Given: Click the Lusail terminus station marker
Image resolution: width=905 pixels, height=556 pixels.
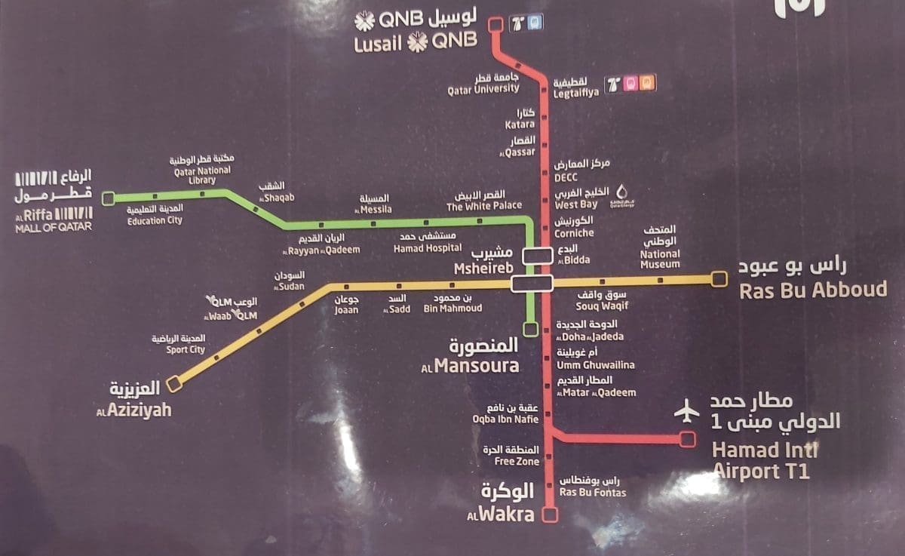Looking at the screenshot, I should (495, 25).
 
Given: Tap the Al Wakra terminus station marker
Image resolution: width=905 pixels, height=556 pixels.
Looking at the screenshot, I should (551, 515).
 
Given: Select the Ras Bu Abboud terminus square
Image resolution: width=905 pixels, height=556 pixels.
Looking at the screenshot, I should (719, 279).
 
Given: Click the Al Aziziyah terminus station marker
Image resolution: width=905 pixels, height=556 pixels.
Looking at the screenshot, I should (174, 384).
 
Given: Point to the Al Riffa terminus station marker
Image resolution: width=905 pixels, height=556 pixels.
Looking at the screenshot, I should (109, 198).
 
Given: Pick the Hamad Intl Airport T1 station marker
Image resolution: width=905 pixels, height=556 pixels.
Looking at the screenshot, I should (687, 439).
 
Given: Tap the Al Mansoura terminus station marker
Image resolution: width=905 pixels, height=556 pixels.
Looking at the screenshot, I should (532, 329).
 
